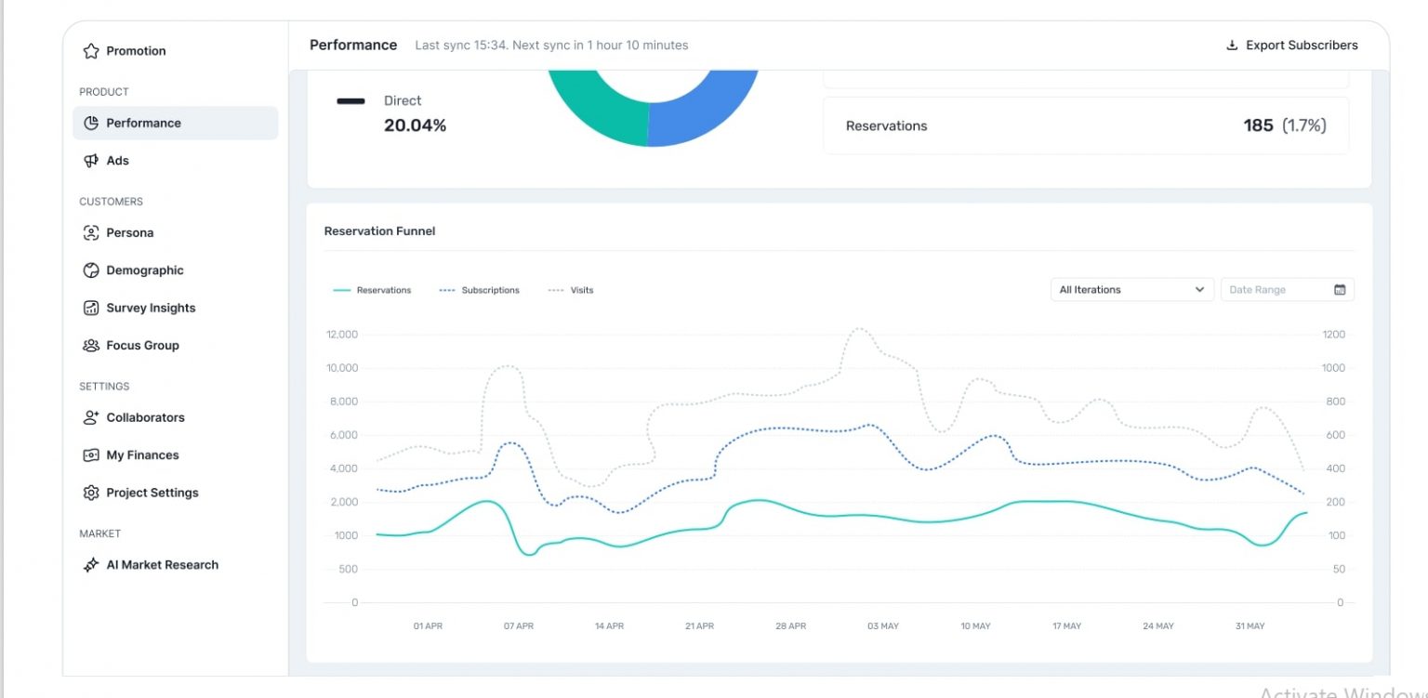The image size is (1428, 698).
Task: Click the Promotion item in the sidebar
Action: [135, 51]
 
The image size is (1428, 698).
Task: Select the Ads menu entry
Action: [117, 161]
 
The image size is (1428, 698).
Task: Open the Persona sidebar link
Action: [129, 233]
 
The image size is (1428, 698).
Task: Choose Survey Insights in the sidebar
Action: [150, 309]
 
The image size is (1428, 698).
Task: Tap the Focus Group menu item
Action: [141, 346]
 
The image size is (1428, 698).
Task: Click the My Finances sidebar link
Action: [141, 455]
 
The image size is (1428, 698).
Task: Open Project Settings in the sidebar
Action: [152, 494]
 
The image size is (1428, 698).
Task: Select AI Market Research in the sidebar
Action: [162, 565]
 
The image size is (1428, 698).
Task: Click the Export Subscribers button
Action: [1292, 46]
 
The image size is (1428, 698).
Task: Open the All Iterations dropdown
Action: [1131, 290]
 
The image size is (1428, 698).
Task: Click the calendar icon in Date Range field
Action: [1340, 290]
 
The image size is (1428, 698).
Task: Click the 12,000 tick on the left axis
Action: [342, 335]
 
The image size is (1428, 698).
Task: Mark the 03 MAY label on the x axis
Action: [882, 626]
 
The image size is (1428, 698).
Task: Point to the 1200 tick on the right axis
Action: [1333, 335]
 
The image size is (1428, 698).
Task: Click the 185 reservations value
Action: [1258, 125]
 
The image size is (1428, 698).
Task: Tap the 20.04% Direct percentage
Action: [415, 125]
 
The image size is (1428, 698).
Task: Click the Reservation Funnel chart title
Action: [379, 231]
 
